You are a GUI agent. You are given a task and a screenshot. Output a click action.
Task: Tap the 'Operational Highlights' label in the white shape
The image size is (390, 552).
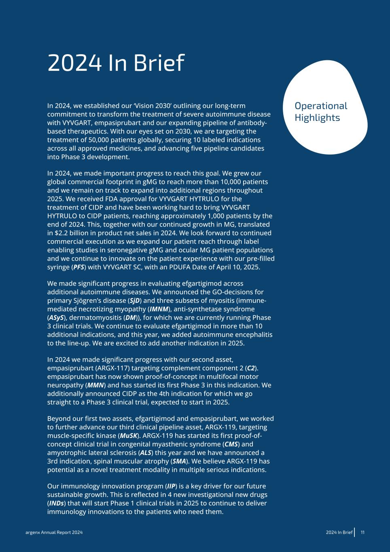[x=321, y=112]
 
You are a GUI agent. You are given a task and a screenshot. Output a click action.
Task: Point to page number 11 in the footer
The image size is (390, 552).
[x=363, y=532]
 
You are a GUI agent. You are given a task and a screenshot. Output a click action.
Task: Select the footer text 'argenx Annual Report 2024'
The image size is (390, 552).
[x=51, y=533]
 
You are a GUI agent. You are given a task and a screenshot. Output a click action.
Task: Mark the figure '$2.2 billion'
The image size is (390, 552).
[x=72, y=233]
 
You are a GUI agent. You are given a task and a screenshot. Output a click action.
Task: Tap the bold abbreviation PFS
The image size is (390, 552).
[x=78, y=267]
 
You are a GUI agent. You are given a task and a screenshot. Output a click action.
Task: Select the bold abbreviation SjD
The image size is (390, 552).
[x=134, y=300]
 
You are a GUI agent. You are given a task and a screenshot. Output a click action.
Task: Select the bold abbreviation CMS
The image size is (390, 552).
[x=230, y=444]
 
